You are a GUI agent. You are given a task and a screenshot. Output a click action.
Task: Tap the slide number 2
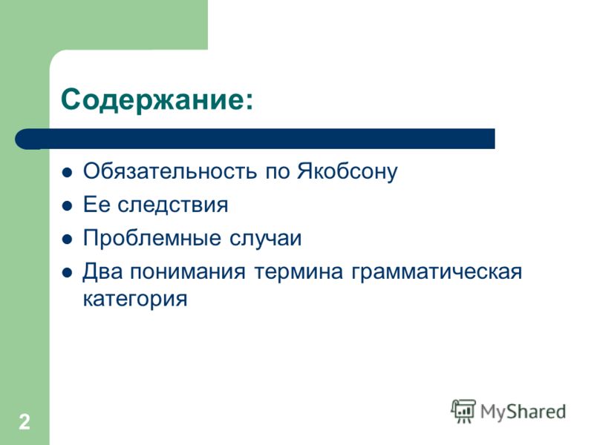tap(25, 421)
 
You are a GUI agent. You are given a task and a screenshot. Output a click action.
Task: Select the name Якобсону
tap(347, 172)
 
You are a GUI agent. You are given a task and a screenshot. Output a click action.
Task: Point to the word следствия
tap(173, 205)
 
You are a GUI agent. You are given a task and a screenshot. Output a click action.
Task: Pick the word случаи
tap(265, 239)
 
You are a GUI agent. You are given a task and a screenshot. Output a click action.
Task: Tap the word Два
tap(102, 271)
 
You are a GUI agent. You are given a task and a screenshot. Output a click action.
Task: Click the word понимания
tap(188, 272)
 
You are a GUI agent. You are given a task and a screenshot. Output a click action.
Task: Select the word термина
tap(298, 272)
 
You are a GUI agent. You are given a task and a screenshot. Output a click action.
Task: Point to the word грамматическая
tap(437, 272)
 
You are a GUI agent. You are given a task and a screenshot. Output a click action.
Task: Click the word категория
tap(135, 300)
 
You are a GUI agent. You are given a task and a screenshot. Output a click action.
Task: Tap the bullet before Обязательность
tap(67, 173)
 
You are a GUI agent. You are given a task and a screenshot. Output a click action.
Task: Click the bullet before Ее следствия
tap(67, 206)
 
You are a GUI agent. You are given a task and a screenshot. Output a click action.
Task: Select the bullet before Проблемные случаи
tap(67, 240)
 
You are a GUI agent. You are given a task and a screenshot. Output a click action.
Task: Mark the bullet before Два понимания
tap(67, 273)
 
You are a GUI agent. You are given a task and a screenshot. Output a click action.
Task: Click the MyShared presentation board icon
tap(463, 412)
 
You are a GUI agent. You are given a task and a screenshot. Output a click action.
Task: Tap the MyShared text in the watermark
tap(523, 412)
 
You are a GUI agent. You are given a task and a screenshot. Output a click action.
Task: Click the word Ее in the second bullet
tap(96, 205)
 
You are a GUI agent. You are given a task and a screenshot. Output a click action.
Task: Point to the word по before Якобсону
tap(277, 172)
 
